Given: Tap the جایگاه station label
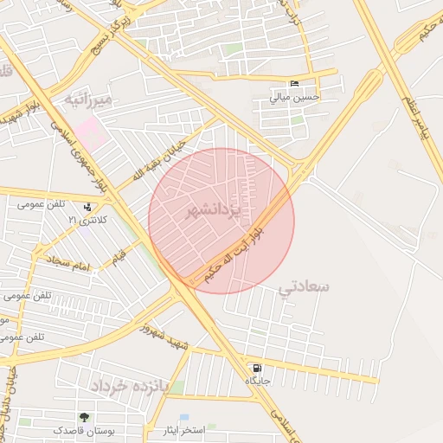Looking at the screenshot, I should [x=259, y=381].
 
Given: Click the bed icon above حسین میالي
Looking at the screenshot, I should [x=295, y=84].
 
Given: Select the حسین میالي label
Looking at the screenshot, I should [x=295, y=98].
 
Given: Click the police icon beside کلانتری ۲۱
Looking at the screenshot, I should [x=87, y=208].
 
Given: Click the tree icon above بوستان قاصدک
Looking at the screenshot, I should [x=84, y=417].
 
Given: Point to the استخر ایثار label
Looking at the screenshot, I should [x=183, y=430].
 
